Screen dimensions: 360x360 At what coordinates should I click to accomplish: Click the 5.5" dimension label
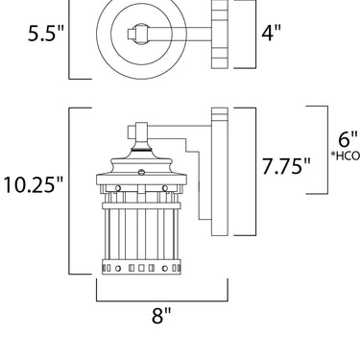click(x=46, y=33)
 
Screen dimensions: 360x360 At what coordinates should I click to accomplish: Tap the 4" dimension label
click(x=271, y=32)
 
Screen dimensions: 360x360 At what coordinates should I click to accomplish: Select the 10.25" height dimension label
click(x=34, y=184)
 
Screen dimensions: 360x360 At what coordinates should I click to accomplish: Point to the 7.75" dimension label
click(x=286, y=166)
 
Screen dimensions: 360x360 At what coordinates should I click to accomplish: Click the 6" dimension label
click(x=348, y=139)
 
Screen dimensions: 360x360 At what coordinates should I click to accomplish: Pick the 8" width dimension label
click(x=161, y=316)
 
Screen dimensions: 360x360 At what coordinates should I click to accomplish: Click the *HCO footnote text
click(x=346, y=156)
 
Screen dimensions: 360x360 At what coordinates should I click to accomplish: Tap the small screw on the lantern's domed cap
click(x=141, y=173)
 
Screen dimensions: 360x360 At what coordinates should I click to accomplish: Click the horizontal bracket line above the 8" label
click(x=162, y=300)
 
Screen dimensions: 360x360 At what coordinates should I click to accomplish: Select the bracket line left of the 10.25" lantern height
click(x=69, y=191)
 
